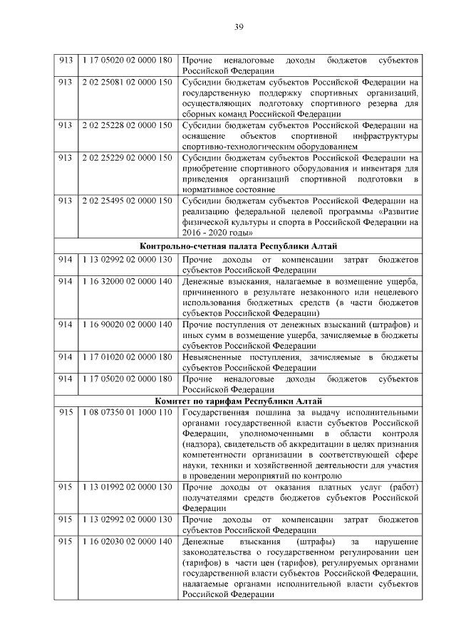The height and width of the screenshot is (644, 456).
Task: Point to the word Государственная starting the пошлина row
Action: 217,412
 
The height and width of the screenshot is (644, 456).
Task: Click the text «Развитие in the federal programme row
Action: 397,211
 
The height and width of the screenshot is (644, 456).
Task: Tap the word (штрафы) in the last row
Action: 307,542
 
